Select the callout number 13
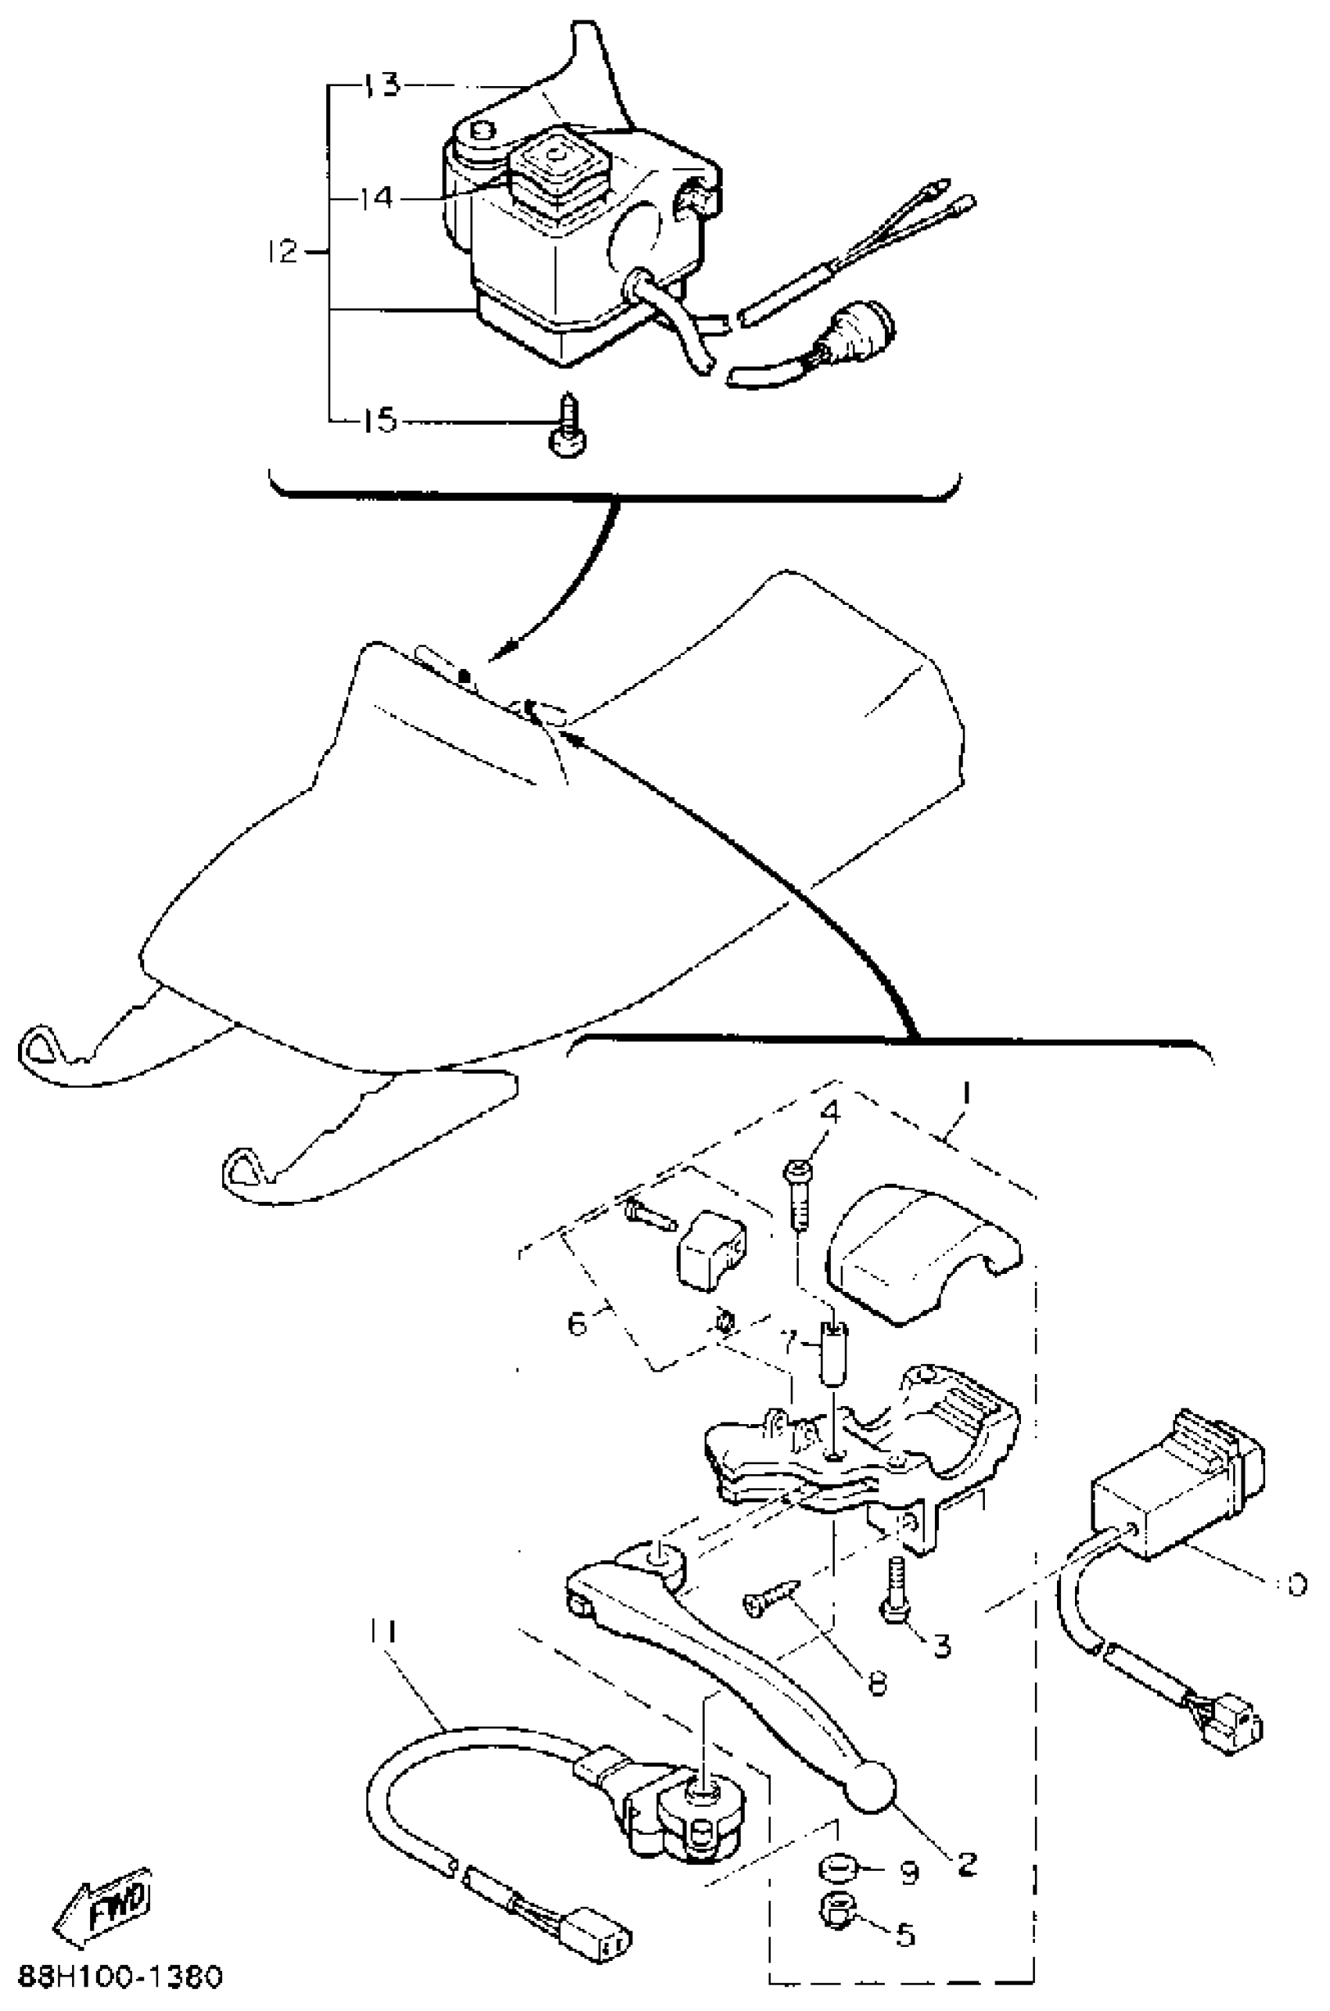tap(383, 85)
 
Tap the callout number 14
tap(375, 200)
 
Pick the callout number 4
tap(830, 1112)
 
